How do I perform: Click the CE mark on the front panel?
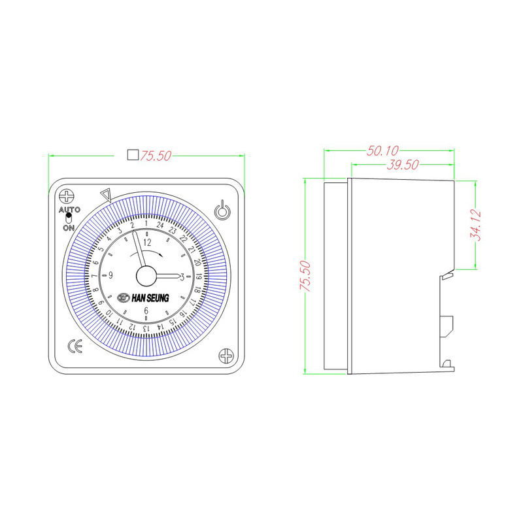coord(75,347)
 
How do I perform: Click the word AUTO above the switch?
coord(69,210)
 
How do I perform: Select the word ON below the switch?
coord(68,228)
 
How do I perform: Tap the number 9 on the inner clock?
coord(111,275)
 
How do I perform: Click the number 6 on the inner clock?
coord(146,311)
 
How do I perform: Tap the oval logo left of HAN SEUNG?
coord(124,297)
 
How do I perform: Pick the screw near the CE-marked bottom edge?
coord(226,356)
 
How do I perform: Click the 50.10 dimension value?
coord(382,151)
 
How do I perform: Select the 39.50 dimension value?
coord(402,165)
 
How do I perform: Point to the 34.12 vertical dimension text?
coord(475,224)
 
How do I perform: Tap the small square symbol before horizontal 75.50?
coord(132,156)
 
